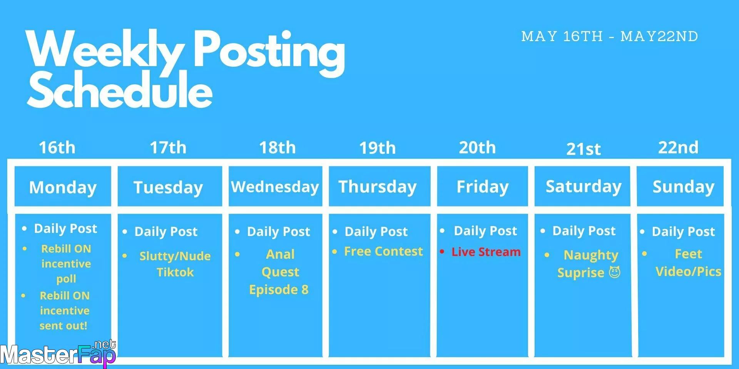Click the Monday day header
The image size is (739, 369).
click(x=63, y=186)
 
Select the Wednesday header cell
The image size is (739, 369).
click(x=275, y=186)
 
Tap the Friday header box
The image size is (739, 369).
click(x=482, y=186)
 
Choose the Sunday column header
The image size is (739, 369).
click(x=680, y=186)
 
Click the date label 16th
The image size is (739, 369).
click(x=57, y=148)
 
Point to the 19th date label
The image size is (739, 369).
click(x=377, y=148)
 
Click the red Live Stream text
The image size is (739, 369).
click(x=486, y=252)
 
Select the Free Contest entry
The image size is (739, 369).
click(x=383, y=251)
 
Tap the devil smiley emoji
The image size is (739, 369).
click(x=615, y=272)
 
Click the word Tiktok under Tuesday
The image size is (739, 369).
click(x=175, y=272)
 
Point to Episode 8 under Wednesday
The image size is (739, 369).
click(x=279, y=289)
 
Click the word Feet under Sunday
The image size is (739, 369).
click(x=688, y=254)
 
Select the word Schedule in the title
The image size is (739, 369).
click(x=120, y=90)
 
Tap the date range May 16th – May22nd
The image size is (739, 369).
click(x=610, y=37)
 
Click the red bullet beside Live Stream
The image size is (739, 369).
click(x=442, y=252)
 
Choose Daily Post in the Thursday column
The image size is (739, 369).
click(x=376, y=231)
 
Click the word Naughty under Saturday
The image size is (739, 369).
click(x=591, y=255)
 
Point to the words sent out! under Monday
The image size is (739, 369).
click(x=64, y=326)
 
